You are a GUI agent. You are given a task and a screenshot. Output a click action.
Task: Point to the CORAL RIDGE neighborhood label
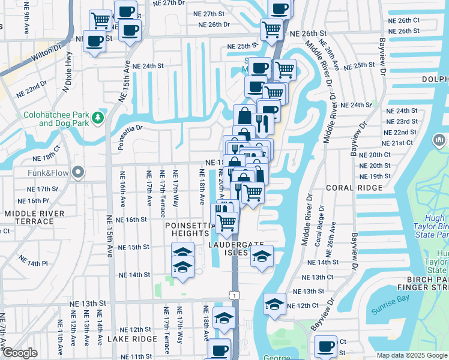(354, 188)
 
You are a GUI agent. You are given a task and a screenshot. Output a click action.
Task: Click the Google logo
(20, 353)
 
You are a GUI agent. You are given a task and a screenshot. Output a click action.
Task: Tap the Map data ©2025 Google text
(411, 355)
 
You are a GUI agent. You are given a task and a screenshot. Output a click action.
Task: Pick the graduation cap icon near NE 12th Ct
(274, 304)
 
